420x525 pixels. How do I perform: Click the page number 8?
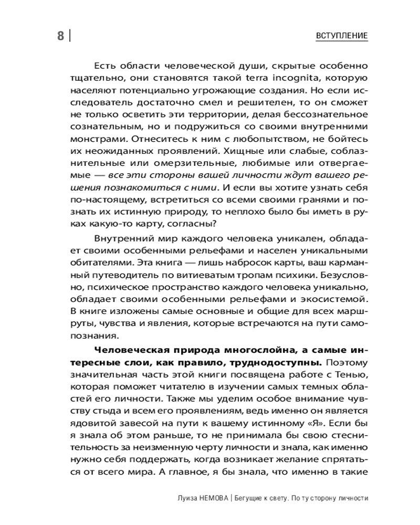click(60, 36)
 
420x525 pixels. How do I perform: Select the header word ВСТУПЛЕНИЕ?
click(342, 36)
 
